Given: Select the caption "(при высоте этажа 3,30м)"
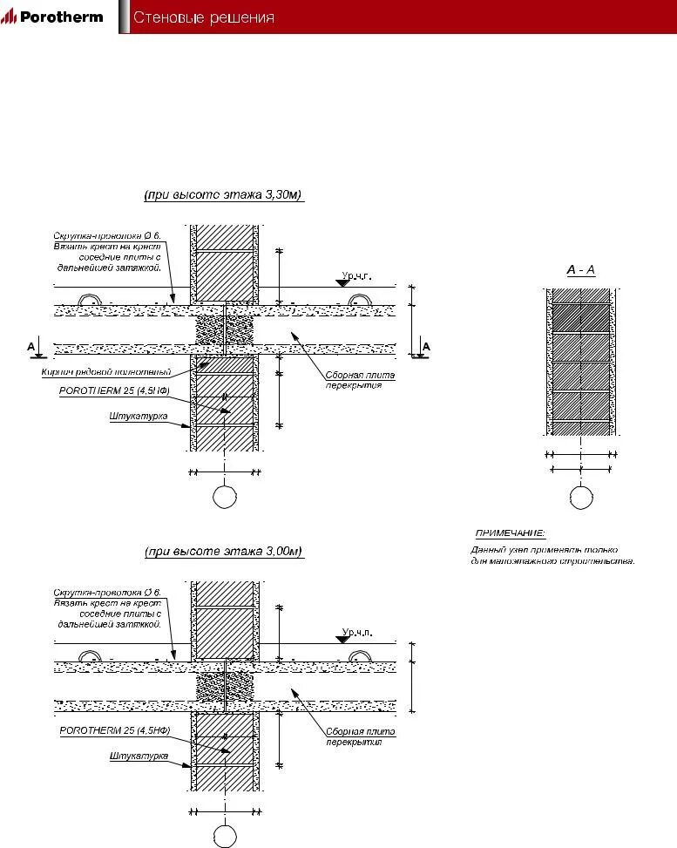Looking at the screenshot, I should click(x=223, y=196).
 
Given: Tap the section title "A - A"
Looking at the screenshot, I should click(x=580, y=270).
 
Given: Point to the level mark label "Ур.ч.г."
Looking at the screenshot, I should click(x=357, y=276).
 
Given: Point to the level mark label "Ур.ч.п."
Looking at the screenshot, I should click(x=357, y=632).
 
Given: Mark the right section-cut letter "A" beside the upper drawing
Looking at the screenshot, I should click(x=426, y=346).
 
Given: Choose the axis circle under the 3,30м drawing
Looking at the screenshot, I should click(x=225, y=498).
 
